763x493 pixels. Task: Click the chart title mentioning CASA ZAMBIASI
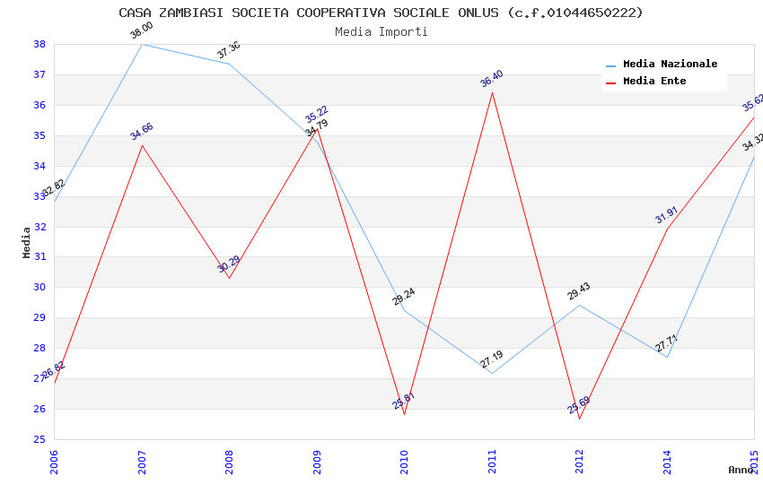tap(381, 13)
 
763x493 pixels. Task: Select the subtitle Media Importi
tap(381, 31)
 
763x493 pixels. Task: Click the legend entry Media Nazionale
tap(670, 65)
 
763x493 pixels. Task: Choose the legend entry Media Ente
tap(654, 82)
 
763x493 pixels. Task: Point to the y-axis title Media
tap(26, 242)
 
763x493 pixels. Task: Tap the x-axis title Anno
tap(741, 470)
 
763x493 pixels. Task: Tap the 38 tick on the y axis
tap(39, 44)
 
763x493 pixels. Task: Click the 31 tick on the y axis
tap(39, 257)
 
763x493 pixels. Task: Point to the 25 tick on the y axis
tap(39, 439)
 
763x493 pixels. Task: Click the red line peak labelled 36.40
tap(492, 92)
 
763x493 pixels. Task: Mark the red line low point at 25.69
tap(580, 419)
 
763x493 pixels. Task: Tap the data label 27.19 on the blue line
tap(492, 360)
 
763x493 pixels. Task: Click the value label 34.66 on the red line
tap(141, 132)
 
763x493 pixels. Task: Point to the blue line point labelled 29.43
tap(580, 305)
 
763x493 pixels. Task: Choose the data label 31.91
tap(666, 216)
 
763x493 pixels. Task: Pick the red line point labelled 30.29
tap(229, 278)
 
